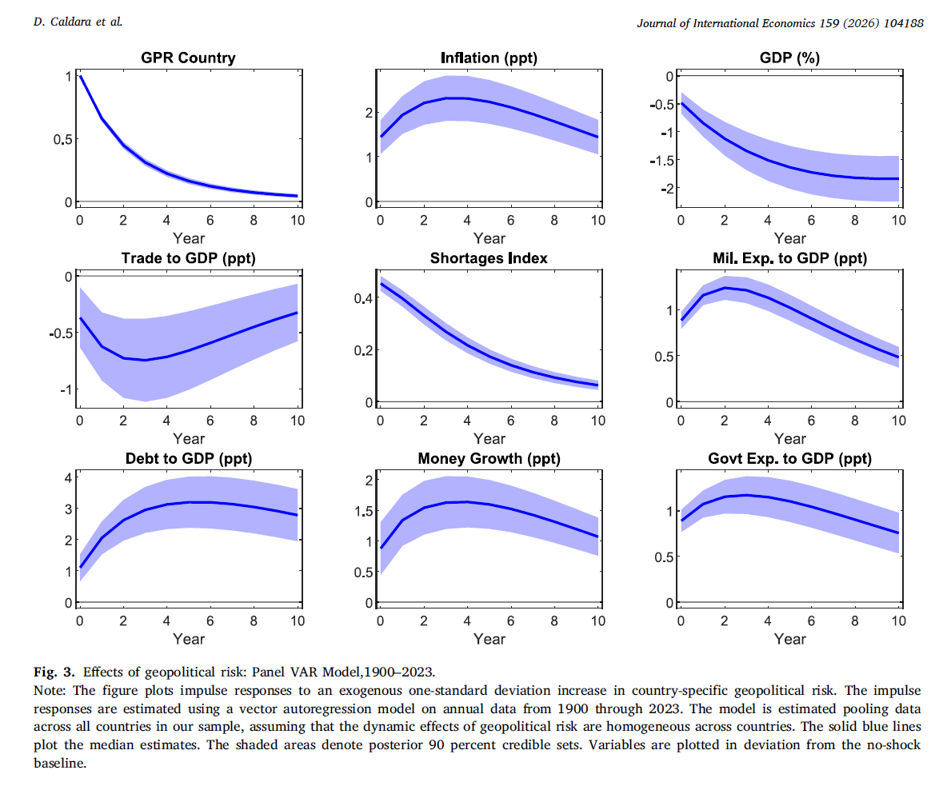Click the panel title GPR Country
188,58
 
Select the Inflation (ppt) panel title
489,58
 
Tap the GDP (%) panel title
789,58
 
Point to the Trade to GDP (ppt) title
188,258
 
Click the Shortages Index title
489,258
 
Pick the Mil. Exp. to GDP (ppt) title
789,258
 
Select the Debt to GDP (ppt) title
188,459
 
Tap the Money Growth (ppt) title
489,459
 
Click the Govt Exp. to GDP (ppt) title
789,459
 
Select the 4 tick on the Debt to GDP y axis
69,478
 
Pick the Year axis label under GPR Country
188,237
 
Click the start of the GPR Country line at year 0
80,76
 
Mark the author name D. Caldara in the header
78,22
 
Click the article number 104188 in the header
903,22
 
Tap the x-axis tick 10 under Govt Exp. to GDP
898,621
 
